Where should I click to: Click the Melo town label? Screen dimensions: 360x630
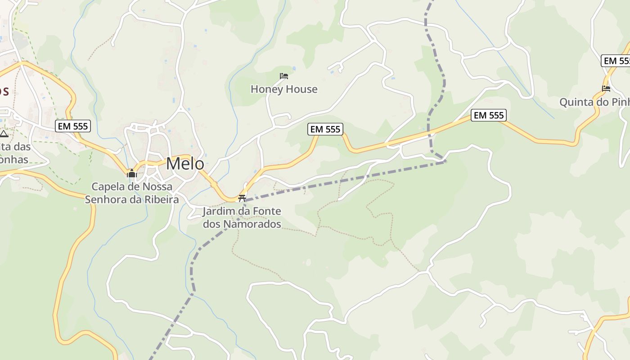click(x=185, y=163)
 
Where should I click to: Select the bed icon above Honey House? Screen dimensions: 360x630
click(x=283, y=76)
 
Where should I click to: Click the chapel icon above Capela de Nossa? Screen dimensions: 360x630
click(x=131, y=173)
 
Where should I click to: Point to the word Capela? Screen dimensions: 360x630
click(x=107, y=186)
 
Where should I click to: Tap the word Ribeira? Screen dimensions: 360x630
click(x=161, y=199)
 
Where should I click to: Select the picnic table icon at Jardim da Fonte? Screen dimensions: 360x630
click(x=242, y=198)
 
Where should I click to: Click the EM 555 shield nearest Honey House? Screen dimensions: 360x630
click(x=325, y=129)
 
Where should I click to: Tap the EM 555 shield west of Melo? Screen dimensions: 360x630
click(x=73, y=126)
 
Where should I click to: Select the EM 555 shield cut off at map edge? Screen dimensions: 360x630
click(x=616, y=61)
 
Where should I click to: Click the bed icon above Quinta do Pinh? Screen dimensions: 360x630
click(x=606, y=89)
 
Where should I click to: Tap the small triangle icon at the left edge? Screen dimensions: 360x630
click(x=4, y=134)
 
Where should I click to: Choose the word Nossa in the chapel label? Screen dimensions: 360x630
click(x=157, y=186)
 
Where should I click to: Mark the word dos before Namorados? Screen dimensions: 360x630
click(x=211, y=224)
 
